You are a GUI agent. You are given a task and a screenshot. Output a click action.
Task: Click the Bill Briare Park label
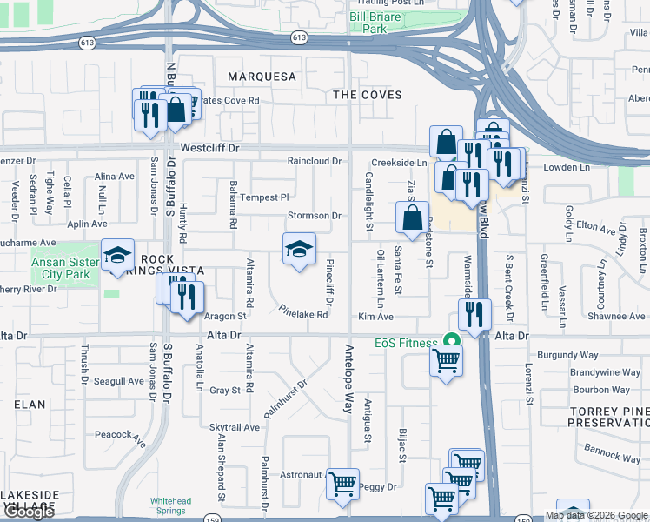[x=379, y=22]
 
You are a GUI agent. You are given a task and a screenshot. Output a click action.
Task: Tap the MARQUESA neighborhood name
[x=262, y=77]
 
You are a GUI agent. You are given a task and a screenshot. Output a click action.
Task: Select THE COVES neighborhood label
[x=368, y=94]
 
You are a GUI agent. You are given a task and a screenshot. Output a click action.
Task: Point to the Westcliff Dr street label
[x=209, y=149]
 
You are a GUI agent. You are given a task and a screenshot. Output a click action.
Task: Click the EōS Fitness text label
[x=407, y=343]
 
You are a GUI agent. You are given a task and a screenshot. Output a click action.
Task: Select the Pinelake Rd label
[x=303, y=311]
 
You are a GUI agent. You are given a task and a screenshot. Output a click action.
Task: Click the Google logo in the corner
[x=29, y=512]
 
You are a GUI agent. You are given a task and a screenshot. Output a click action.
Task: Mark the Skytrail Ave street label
[x=235, y=427]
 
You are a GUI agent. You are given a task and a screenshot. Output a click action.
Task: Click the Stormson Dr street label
[x=315, y=215]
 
